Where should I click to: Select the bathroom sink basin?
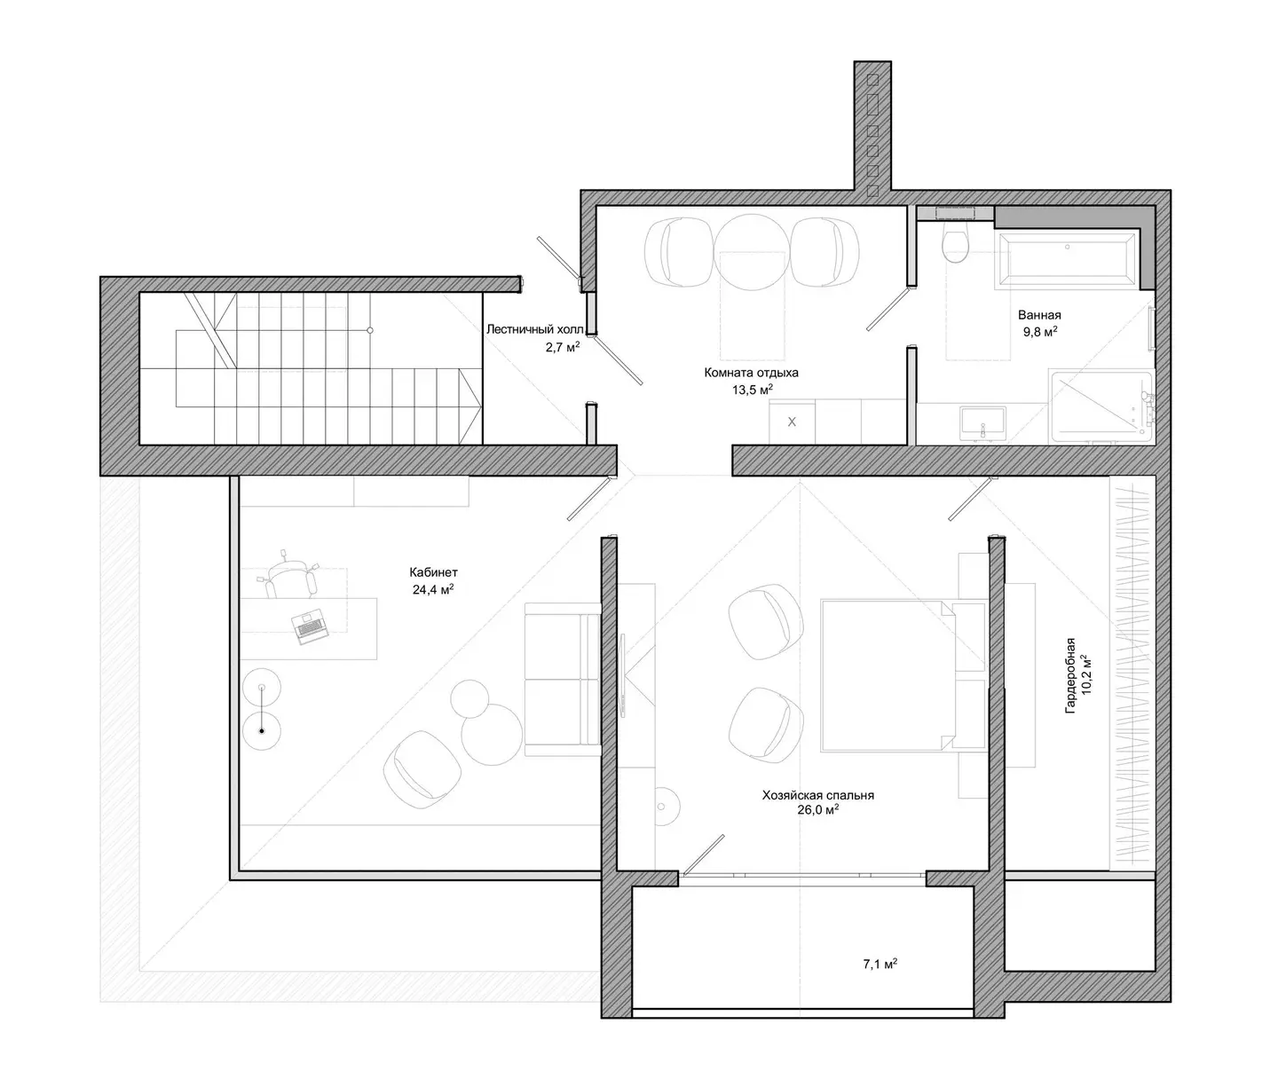[982, 421]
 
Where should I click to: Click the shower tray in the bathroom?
[1101, 406]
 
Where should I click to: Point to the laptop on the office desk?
[309, 626]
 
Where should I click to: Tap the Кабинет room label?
[433, 572]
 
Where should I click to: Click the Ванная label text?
[1039, 315]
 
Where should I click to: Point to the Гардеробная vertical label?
[1070, 676]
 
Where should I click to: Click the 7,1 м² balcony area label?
[880, 964]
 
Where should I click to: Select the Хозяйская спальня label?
[818, 795]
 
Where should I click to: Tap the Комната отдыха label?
[751, 372]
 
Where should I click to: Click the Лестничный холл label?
[535, 329]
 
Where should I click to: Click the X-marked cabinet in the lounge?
[792, 421]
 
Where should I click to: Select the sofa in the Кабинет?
[563, 679]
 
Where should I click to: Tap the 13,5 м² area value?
[753, 390]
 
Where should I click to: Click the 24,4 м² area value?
[433, 589]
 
